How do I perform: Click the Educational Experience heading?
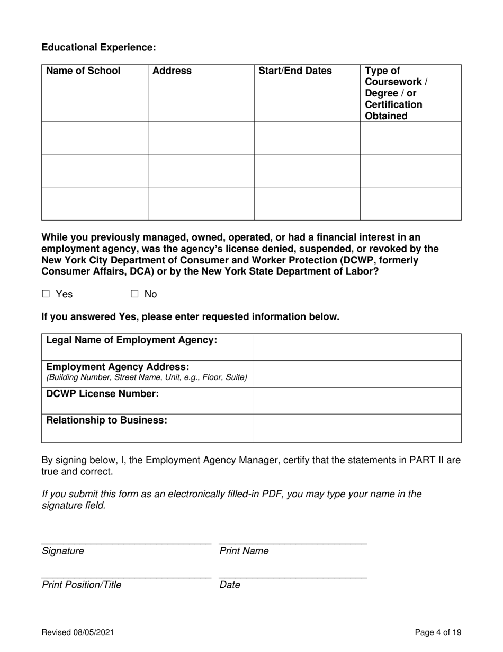coord(99,48)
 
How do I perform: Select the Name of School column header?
coord(84,71)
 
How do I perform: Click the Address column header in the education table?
coord(172,71)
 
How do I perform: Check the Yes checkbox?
coord(46,294)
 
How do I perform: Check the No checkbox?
coord(134,294)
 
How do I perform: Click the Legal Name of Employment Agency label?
coord(132,340)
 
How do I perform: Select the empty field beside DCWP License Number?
coord(357,401)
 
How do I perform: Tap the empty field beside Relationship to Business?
coord(357,428)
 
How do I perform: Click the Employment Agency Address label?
coord(118,367)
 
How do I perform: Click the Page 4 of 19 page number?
coord(438,632)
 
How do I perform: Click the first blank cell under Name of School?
coord(95,138)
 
